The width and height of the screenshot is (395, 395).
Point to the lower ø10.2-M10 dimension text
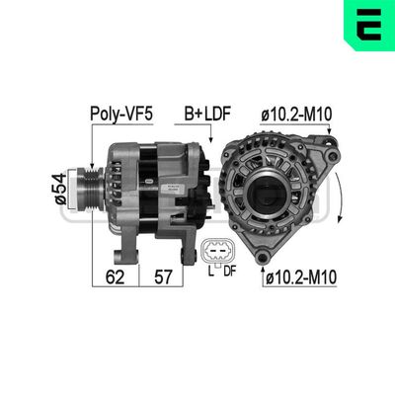(x=301, y=278)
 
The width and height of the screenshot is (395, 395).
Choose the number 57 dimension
(x=165, y=277)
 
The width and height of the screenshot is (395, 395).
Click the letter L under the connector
(x=209, y=272)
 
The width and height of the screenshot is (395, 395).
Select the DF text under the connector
(x=229, y=272)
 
